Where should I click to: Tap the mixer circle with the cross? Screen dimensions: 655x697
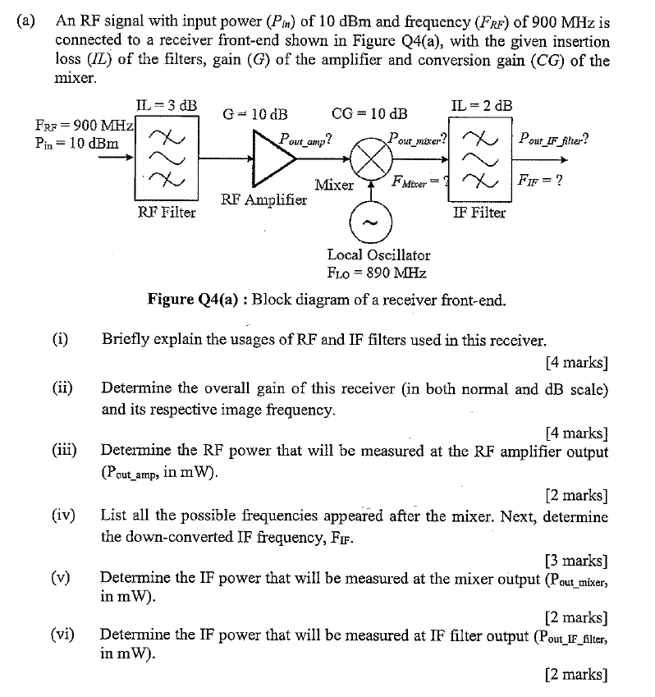369,159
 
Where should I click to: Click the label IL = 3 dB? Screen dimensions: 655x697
166,104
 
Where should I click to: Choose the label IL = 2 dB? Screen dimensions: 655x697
482,105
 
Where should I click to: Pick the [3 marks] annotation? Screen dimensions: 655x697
576,561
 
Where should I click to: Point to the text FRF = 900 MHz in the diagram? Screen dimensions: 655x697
85,125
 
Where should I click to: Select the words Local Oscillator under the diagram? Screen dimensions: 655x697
378,255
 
